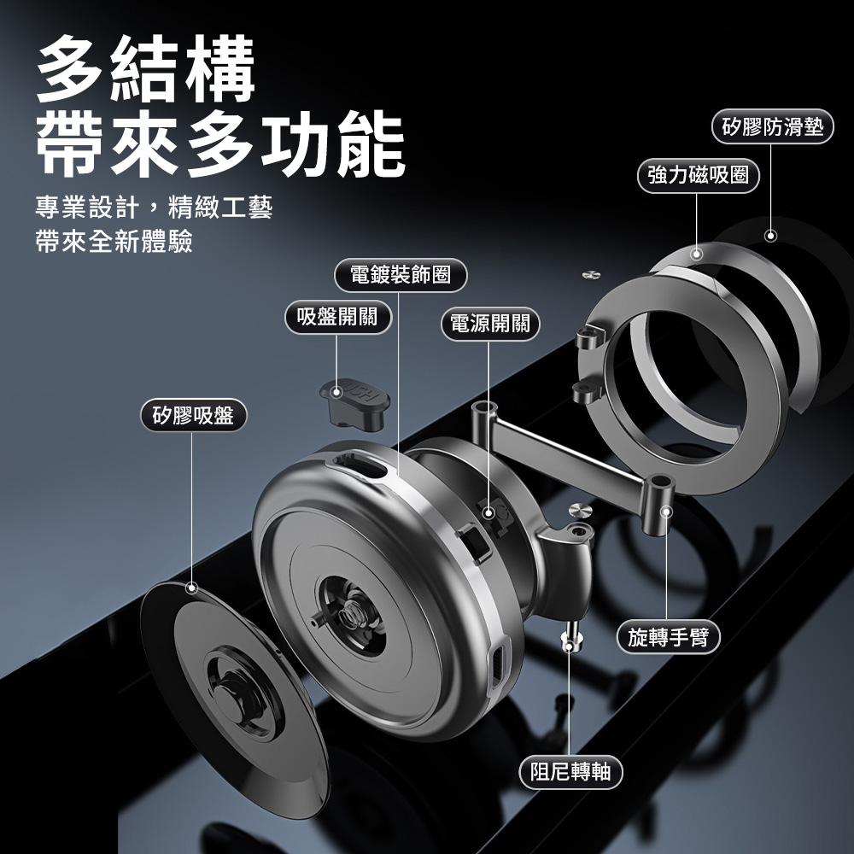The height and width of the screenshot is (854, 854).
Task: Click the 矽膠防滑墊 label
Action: [x=772, y=127]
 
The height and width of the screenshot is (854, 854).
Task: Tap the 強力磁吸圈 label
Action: [x=699, y=175]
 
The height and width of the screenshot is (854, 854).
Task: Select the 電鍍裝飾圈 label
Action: [x=401, y=275]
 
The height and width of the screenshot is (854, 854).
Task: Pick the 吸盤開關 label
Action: [x=337, y=317]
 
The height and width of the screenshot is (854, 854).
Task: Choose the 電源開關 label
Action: [x=489, y=324]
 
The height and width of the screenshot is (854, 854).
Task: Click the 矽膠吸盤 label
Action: [x=193, y=416]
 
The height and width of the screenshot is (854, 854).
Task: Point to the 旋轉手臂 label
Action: [x=669, y=637]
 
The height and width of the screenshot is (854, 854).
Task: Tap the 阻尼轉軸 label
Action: [x=570, y=772]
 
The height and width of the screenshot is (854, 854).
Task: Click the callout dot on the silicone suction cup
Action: [x=191, y=588]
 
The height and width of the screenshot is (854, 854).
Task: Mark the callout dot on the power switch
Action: [x=488, y=512]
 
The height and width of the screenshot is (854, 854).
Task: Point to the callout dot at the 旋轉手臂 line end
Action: [x=667, y=512]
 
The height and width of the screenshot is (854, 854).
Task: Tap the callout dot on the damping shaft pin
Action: [x=569, y=646]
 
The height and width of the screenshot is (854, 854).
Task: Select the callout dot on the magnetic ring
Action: [x=697, y=254]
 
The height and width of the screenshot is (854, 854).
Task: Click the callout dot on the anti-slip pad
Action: [x=770, y=236]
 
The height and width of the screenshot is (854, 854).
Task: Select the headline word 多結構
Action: [x=146, y=69]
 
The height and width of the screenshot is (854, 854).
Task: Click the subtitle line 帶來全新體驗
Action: [x=114, y=242]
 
